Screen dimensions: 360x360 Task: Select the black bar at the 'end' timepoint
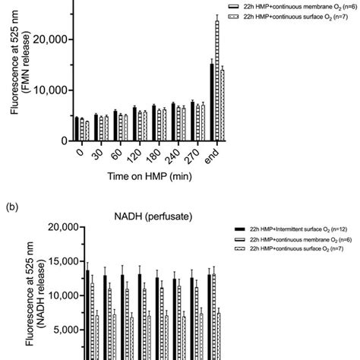[x=212, y=103]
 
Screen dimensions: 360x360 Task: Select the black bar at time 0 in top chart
[x=77, y=130]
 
